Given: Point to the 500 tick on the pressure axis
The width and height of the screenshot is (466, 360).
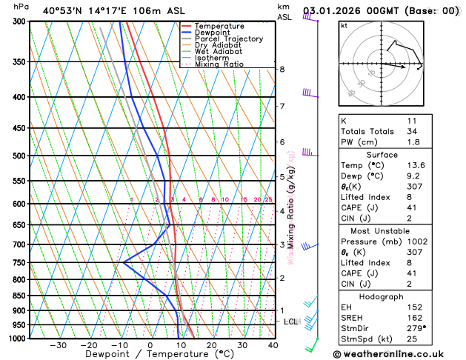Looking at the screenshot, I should (20, 156).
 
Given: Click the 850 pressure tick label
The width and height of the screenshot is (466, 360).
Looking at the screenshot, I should (20, 296).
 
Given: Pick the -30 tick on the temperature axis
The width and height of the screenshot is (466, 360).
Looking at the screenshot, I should (59, 345).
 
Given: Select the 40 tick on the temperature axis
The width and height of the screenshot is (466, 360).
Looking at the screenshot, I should (273, 345).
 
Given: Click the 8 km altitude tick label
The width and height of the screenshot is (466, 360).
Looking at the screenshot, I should (282, 69).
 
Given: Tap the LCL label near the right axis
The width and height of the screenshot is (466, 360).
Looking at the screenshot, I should (290, 321).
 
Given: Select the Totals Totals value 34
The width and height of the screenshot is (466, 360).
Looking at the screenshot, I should (412, 131).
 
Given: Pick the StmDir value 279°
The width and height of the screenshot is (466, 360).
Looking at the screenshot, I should (416, 329).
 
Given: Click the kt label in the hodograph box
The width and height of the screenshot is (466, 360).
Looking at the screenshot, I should (344, 26).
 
